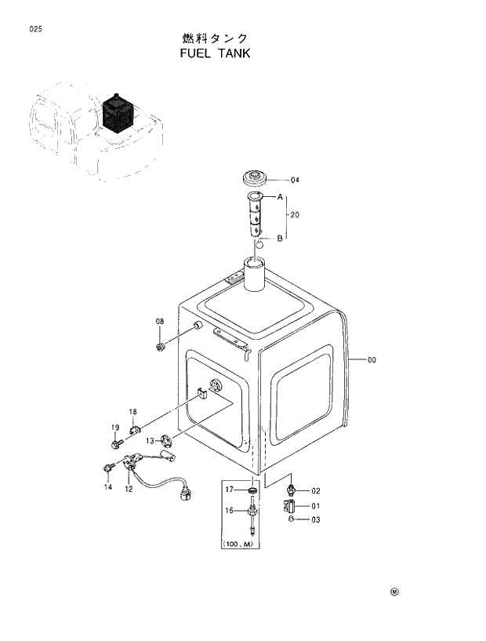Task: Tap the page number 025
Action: [x=34, y=29]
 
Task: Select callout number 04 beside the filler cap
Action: [x=295, y=180]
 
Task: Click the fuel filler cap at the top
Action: [x=256, y=177]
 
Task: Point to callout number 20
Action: [x=295, y=215]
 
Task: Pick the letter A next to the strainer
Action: [x=280, y=198]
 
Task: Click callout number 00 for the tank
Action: [x=372, y=360]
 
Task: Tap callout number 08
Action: [x=159, y=322]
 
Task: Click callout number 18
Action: [x=133, y=412]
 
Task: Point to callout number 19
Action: [x=114, y=428]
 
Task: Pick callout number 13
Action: [x=149, y=441]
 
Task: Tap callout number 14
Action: [x=108, y=487]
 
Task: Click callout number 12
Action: [x=128, y=489]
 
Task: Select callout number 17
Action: [x=230, y=490]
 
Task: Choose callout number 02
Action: [x=315, y=491]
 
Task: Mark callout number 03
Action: [x=315, y=519]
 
